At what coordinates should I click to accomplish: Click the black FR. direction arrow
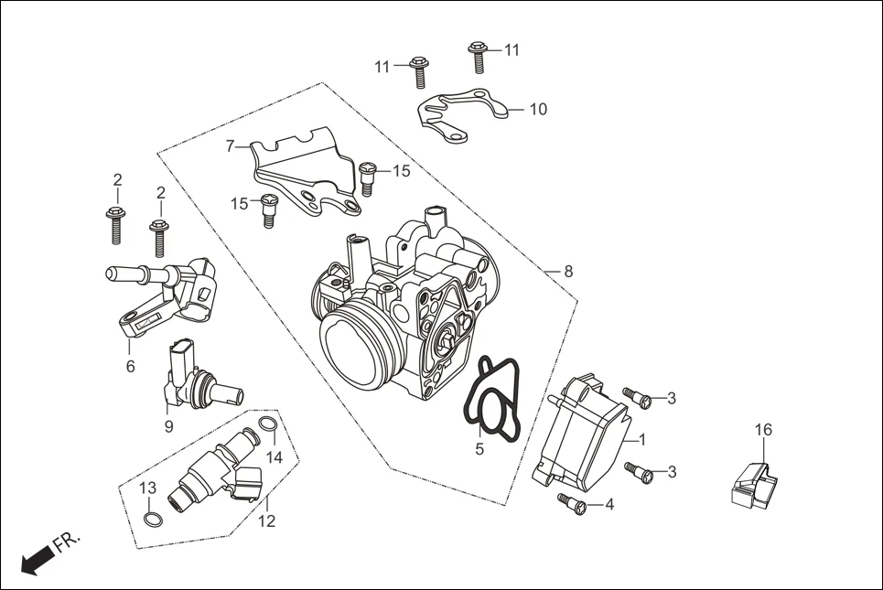click(34, 560)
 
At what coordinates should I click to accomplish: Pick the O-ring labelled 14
click(267, 425)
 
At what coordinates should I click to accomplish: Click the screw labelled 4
click(570, 502)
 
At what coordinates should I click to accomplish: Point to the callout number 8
click(568, 272)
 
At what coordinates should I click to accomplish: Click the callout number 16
click(763, 430)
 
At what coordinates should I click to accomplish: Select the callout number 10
click(538, 110)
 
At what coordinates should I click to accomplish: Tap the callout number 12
click(266, 522)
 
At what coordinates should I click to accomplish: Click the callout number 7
click(231, 145)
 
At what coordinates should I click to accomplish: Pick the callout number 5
click(479, 449)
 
